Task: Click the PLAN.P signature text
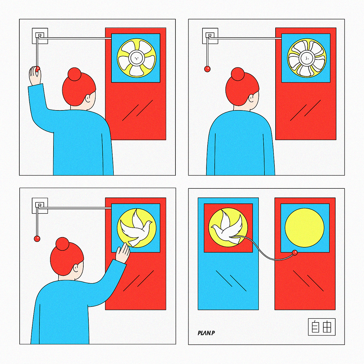click(x=206, y=333)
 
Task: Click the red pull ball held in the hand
click(x=38, y=69)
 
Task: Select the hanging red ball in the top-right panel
click(x=207, y=69)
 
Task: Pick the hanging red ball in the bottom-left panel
click(x=37, y=239)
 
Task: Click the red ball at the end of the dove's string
click(x=295, y=252)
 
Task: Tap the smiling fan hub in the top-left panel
click(x=136, y=58)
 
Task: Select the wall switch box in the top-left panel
click(x=40, y=36)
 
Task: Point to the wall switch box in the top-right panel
click(x=210, y=36)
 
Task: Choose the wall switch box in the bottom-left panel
click(x=40, y=206)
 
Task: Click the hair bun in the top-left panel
click(x=75, y=74)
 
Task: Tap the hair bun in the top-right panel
click(x=238, y=74)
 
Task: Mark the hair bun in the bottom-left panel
click(x=62, y=244)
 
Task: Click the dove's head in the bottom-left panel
click(x=149, y=223)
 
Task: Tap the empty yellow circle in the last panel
click(x=305, y=228)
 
